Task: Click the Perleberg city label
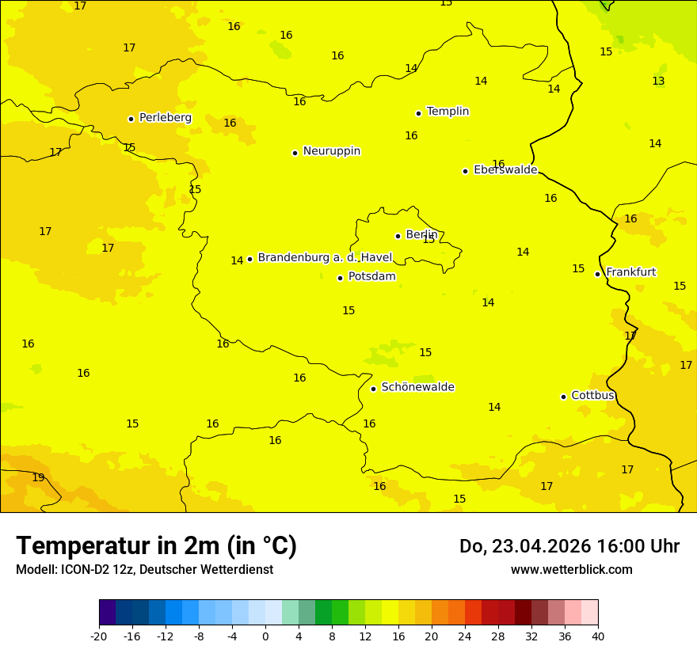pyautogui.click(x=165, y=117)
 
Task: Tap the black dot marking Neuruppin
pyautogui.click(x=295, y=153)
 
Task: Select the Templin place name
pyautogui.click(x=448, y=112)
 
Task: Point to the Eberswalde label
pyautogui.click(x=505, y=170)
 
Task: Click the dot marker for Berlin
pyautogui.click(x=398, y=236)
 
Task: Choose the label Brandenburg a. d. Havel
pyautogui.click(x=325, y=257)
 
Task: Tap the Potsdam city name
pyautogui.click(x=371, y=276)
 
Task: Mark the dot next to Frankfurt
pyautogui.click(x=597, y=274)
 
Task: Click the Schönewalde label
pyautogui.click(x=417, y=387)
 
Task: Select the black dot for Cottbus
pyautogui.click(x=563, y=397)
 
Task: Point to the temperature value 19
pyautogui.click(x=38, y=477)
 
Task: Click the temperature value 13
pyautogui.click(x=658, y=81)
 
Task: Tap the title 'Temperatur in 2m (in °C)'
pyautogui.click(x=156, y=546)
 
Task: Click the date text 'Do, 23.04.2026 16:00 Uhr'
pyautogui.click(x=569, y=546)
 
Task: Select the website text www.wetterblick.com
pyautogui.click(x=571, y=569)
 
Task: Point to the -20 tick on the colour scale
pyautogui.click(x=99, y=636)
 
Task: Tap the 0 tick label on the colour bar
pyautogui.click(x=265, y=636)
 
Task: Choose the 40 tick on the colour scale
pyautogui.click(x=598, y=636)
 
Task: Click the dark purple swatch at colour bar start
pyautogui.click(x=107, y=612)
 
